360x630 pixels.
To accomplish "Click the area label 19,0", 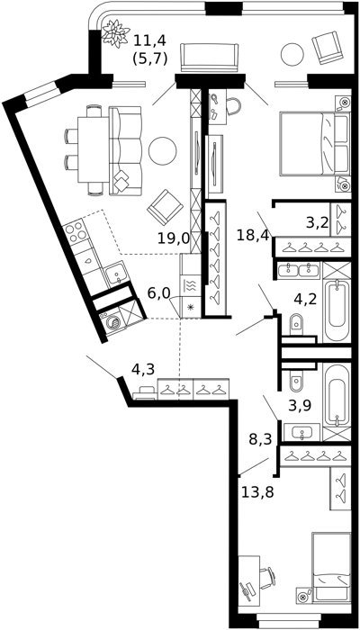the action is click(173, 238).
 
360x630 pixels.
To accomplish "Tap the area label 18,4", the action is click(253, 235).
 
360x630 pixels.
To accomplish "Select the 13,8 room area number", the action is click(257, 491).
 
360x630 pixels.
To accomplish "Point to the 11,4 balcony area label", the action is click(149, 40).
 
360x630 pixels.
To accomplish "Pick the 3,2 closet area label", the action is click(318, 222).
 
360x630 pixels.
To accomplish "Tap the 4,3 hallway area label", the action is click(143, 369).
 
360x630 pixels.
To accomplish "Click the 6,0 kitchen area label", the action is click(159, 293).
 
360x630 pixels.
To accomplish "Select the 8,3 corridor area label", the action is click(260, 439).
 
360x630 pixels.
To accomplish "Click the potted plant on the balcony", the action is click(116, 33).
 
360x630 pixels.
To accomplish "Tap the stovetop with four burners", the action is click(75, 231).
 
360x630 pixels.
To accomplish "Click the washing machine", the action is click(113, 322).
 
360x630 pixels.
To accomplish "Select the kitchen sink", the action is click(116, 274).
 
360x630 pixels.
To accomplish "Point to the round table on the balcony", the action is click(292, 54).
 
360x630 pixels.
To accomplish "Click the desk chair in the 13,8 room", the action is click(267, 578).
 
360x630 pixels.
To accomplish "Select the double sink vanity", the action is click(299, 270).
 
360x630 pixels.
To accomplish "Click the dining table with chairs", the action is click(89, 149).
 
